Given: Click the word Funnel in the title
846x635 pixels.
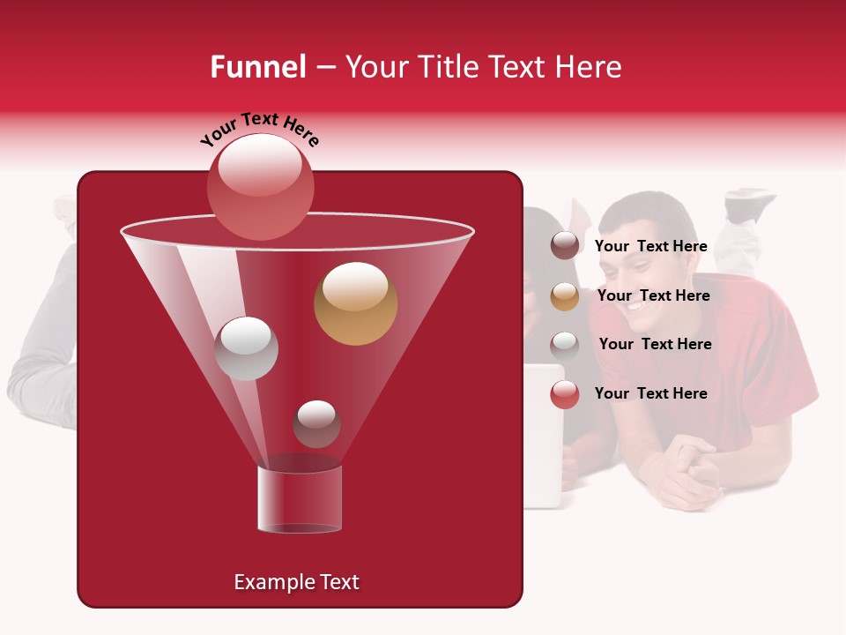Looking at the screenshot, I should [x=257, y=67].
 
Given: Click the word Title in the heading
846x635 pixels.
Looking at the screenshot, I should [x=445, y=67].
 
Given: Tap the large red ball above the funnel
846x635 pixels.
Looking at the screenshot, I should [x=260, y=186].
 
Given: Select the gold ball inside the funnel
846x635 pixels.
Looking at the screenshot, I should [x=355, y=303].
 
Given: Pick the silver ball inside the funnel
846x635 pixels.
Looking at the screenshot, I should [x=246, y=348].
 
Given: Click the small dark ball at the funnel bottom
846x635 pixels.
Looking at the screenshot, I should [x=316, y=424].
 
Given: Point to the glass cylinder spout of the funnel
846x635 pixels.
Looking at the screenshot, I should [x=299, y=499].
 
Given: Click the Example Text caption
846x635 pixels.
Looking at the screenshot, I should [x=296, y=582].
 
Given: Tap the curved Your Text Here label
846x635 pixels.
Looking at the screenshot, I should [x=260, y=129].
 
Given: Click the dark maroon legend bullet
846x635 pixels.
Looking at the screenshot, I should [x=565, y=246].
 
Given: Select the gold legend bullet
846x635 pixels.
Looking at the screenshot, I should [x=565, y=296].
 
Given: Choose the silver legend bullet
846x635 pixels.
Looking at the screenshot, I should [x=565, y=345].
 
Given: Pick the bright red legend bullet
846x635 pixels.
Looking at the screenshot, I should [x=565, y=394].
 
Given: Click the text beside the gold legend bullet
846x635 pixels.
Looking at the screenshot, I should [x=653, y=295].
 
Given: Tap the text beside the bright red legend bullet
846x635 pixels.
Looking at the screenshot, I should [x=651, y=393].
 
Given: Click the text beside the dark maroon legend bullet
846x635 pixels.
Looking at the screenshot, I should [x=651, y=246].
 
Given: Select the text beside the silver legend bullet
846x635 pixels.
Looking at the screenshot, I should [x=655, y=344].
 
